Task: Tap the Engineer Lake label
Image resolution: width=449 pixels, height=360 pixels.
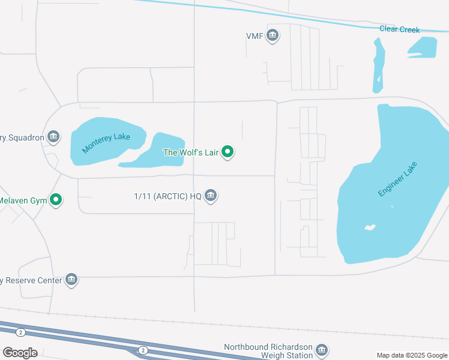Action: (397, 179)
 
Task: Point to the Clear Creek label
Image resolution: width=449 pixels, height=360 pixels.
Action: (400, 29)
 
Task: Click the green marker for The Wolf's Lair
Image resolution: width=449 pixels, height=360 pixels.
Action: (228, 152)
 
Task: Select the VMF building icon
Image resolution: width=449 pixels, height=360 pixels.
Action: (273, 36)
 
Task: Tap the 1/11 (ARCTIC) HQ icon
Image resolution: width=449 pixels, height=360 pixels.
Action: (211, 196)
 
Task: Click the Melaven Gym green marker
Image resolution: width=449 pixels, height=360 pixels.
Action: (56, 200)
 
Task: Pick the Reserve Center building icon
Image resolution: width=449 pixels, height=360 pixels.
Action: (72, 280)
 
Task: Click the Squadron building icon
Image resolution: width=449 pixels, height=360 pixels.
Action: (54, 137)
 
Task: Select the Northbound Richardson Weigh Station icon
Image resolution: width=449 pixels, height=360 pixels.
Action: (322, 350)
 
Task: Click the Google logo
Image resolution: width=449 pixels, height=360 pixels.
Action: (20, 353)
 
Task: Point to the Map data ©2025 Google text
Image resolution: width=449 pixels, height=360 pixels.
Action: (412, 355)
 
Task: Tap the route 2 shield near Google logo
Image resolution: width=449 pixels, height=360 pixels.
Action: (21, 332)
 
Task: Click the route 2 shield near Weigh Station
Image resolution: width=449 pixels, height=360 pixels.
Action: (142, 350)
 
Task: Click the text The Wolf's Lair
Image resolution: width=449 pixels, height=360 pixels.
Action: (191, 152)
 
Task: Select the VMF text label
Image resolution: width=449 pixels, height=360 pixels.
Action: (255, 36)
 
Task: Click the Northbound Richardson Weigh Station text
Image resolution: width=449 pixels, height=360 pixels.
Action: (268, 352)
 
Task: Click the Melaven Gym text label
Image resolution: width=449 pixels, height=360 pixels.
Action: (23, 200)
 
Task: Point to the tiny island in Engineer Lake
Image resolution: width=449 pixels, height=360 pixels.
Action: (370, 227)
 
